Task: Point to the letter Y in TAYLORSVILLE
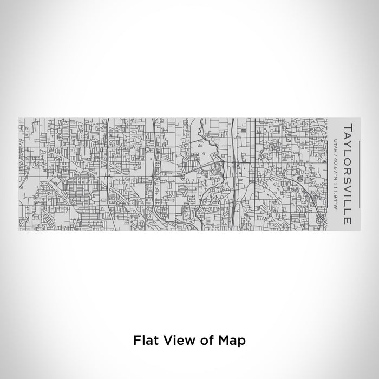click(x=347, y=145)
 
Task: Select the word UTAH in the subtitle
click(x=336, y=144)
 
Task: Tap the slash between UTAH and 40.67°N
click(x=336, y=153)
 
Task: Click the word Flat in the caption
click(x=145, y=341)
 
